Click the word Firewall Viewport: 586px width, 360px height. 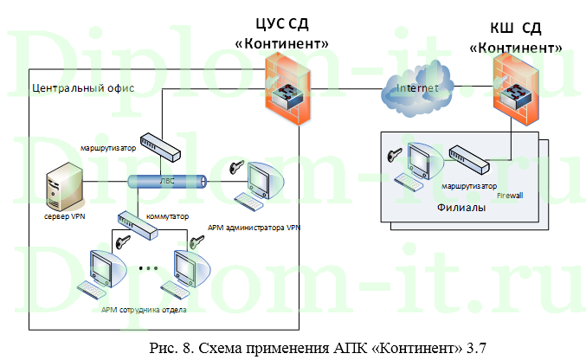click(510, 196)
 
